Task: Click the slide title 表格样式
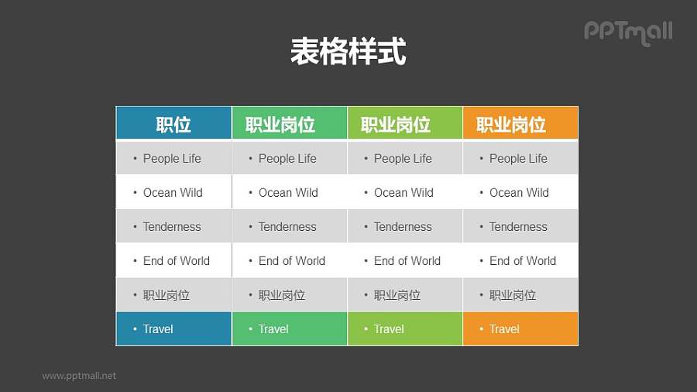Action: point(348,52)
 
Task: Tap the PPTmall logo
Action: point(628,32)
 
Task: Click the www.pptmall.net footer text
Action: point(79,376)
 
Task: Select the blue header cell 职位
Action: point(173,124)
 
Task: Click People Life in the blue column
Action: point(172,159)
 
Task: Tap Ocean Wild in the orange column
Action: point(519,193)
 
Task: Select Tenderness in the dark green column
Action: point(287,227)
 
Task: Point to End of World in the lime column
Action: point(407,261)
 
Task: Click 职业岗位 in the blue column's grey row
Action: point(167,295)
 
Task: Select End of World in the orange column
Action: point(523,261)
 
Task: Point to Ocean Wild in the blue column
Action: point(173,193)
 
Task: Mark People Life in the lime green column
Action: point(403,159)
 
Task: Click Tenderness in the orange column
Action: point(518,227)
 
